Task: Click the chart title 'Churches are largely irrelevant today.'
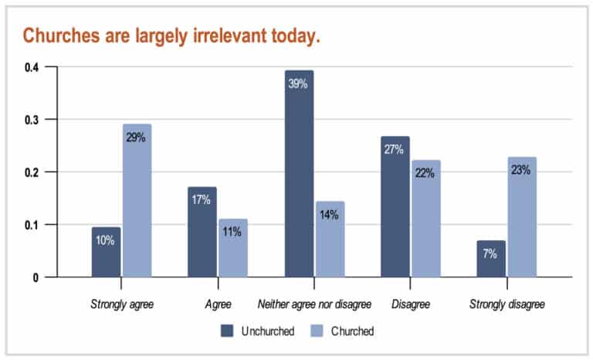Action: (x=171, y=36)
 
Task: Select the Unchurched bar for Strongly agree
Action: (x=106, y=252)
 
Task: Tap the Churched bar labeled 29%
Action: (x=137, y=200)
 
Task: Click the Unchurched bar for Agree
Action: (x=202, y=232)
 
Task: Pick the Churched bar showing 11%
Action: (x=233, y=247)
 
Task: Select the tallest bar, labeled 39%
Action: (x=299, y=173)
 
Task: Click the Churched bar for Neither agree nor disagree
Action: (x=330, y=239)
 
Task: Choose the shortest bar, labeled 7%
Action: (x=491, y=258)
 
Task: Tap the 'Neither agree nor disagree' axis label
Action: (x=314, y=304)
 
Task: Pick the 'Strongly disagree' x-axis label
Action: (x=507, y=304)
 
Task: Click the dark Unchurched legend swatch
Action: (x=227, y=331)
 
